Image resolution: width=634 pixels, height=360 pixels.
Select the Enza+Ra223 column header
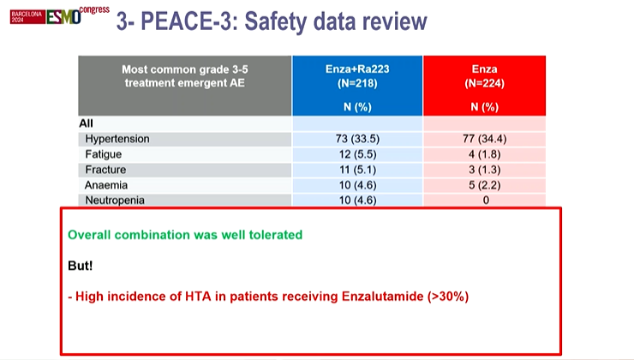pos(357,85)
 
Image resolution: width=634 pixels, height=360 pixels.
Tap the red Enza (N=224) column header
pos(485,85)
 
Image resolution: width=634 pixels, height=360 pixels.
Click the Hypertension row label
pos(117,138)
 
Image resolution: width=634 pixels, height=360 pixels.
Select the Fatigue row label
pos(104,153)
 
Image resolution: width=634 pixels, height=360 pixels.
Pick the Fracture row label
pos(106,169)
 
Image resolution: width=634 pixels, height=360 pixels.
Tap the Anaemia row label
pos(105,184)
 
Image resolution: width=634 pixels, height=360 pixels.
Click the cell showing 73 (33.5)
pos(357,138)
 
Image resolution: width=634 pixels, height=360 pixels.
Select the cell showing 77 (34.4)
pos(485,138)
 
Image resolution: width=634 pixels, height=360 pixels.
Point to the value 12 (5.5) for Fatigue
pos(357,153)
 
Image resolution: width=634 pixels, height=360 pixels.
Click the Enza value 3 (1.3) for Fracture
pos(485,169)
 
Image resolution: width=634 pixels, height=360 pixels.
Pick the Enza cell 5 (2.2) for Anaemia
pos(485,184)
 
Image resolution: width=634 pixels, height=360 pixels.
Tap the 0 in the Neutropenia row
pos(485,200)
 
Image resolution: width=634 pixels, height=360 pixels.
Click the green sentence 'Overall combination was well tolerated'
pos(185,234)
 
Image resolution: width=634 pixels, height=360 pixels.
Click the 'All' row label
pos(87,123)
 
